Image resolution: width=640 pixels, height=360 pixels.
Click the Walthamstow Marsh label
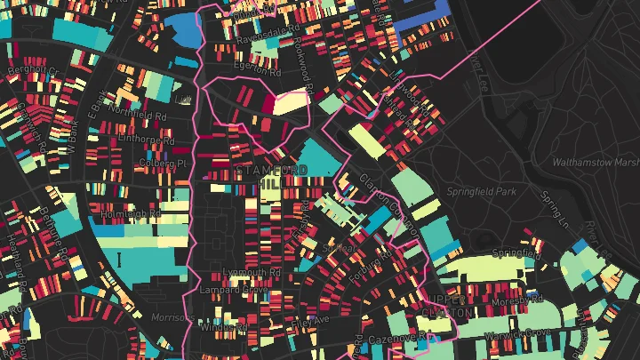596,163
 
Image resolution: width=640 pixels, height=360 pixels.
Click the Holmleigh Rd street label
131,213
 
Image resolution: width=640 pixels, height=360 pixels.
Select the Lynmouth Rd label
252,272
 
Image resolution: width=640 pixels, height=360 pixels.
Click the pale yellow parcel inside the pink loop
290,103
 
